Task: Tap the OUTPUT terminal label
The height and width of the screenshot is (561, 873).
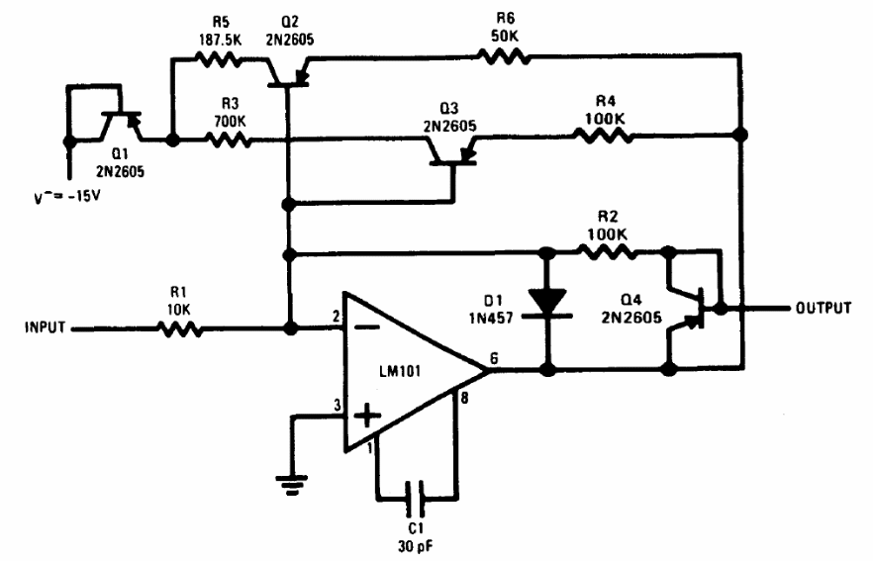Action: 823,308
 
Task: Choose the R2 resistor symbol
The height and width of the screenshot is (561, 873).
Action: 607,253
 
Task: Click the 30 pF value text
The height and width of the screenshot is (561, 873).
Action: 417,541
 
